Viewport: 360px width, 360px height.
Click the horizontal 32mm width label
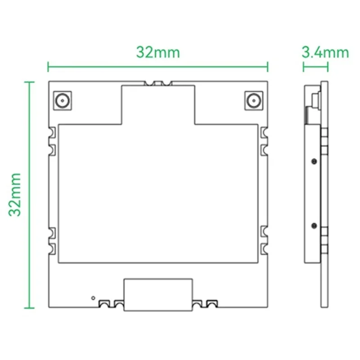(x=158, y=52)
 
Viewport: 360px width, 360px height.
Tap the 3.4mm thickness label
(x=325, y=53)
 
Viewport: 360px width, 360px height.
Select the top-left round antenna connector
(x=62, y=100)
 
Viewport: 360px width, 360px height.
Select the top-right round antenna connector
(x=254, y=100)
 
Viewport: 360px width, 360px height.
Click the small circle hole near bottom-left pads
(x=93, y=297)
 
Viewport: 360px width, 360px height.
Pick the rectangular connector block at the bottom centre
(x=158, y=295)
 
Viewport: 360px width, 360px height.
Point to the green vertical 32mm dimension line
(x=29, y=195)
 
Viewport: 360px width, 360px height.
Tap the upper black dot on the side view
(x=314, y=161)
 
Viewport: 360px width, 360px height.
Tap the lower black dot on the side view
(x=314, y=224)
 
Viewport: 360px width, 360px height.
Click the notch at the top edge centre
(x=158, y=83)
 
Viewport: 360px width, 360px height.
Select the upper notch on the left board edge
(x=52, y=132)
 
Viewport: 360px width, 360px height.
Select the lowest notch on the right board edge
(x=264, y=247)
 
